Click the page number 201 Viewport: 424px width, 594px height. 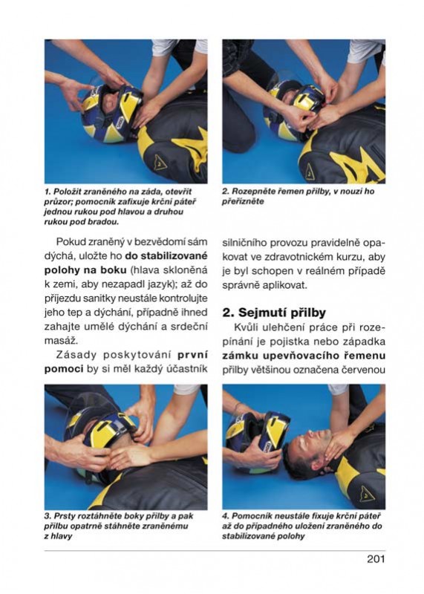click(376, 559)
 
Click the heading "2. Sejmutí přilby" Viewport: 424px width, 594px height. click(274, 313)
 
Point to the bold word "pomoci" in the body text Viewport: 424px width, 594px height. click(64, 369)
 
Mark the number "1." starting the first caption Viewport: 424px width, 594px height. click(48, 192)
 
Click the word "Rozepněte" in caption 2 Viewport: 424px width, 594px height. click(249, 192)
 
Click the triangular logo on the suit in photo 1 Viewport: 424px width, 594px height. click(160, 161)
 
